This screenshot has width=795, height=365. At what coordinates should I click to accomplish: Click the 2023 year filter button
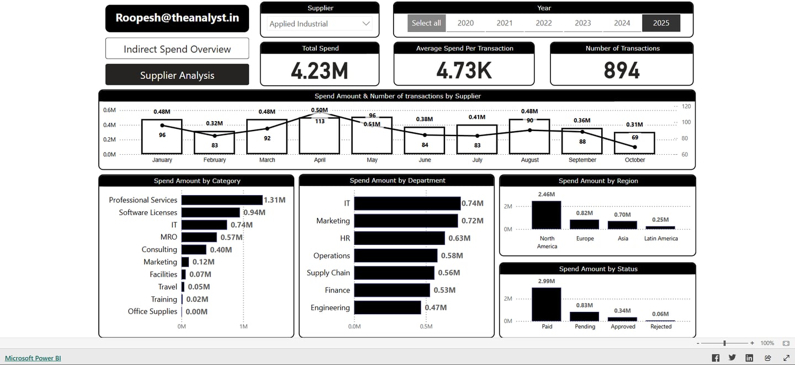tap(583, 23)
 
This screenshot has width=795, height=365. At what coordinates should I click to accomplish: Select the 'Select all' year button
tap(426, 23)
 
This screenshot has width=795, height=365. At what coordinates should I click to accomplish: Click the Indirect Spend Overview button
tap(177, 49)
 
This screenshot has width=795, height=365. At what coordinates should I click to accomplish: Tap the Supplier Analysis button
tap(177, 75)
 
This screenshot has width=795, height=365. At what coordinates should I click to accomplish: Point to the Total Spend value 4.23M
tap(320, 71)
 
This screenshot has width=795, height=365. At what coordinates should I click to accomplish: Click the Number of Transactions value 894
tap(622, 71)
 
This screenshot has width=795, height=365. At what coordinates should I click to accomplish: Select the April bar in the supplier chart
tap(320, 135)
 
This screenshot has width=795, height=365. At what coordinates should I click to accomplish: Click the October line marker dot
tap(635, 147)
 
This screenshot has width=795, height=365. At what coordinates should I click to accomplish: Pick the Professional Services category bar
tap(222, 200)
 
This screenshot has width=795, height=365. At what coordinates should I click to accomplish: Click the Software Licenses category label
tap(148, 212)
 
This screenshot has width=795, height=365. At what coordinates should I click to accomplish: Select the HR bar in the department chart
tap(399, 238)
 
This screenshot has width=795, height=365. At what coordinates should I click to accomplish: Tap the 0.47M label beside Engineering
tap(436, 307)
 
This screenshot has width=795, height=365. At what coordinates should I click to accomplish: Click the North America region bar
tap(547, 215)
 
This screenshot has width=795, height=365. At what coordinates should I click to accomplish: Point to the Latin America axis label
tap(661, 238)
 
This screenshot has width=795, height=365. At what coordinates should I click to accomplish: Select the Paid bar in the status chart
tap(547, 304)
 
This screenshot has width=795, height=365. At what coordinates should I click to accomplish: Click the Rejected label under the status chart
tap(661, 326)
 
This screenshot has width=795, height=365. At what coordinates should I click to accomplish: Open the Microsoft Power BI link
tap(33, 358)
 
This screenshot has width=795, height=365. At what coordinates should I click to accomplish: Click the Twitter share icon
tap(732, 358)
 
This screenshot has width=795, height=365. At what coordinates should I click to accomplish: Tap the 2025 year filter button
tap(661, 23)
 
